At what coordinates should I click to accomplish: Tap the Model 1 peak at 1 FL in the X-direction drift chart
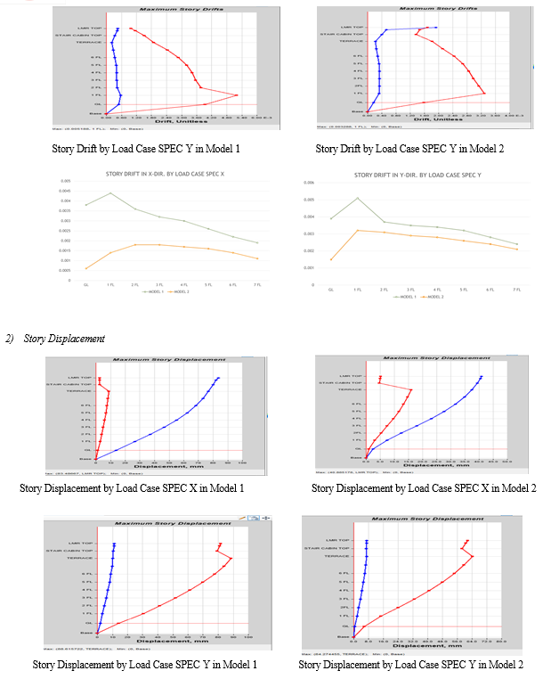(x=110, y=193)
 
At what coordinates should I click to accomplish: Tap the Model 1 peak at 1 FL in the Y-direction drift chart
(x=357, y=198)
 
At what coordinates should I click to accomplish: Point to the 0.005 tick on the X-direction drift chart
(x=66, y=181)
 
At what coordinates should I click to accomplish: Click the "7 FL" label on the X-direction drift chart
(x=256, y=285)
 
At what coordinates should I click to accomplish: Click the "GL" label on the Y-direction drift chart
(x=330, y=290)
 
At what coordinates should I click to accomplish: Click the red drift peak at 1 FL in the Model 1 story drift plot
(x=237, y=94)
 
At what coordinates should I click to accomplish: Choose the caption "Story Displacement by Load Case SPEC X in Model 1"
(x=132, y=488)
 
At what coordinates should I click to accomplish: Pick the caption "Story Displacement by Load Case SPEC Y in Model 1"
(x=144, y=665)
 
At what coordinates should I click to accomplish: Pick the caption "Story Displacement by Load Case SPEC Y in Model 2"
(x=410, y=665)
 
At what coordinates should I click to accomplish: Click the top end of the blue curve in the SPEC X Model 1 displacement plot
(x=218, y=379)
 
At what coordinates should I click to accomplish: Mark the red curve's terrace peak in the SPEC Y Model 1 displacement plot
(x=232, y=558)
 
